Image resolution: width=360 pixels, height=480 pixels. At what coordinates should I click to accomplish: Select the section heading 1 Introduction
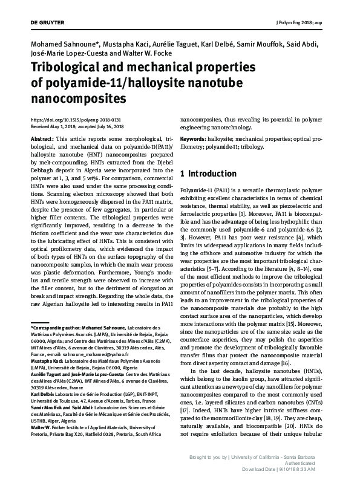[208, 174]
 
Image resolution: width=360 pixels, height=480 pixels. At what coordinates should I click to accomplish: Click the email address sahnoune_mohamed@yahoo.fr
[84, 356]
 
